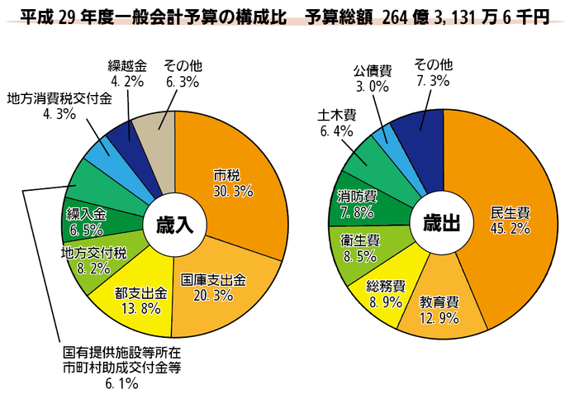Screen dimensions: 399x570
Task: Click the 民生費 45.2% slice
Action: tap(504, 219)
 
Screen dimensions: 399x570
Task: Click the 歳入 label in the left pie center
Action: tap(173, 225)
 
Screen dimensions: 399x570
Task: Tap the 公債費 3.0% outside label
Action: tap(372, 78)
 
